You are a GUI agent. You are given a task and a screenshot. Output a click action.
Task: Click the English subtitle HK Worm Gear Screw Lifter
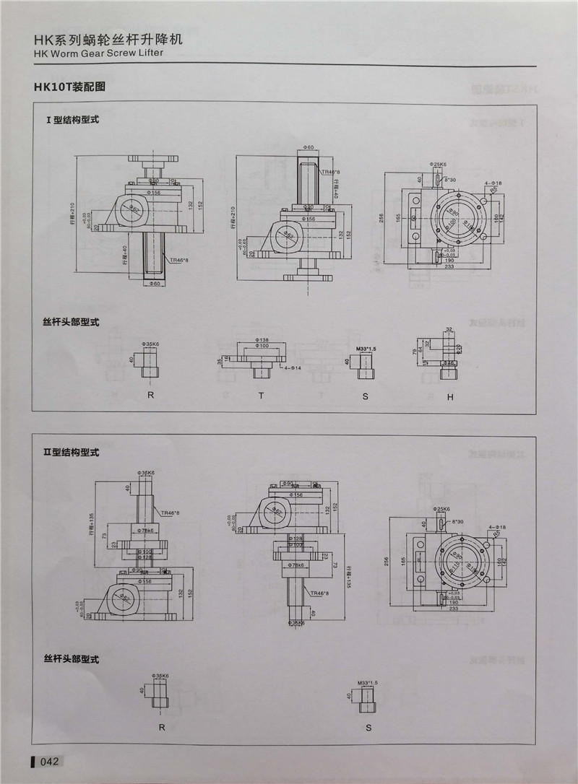pos(98,53)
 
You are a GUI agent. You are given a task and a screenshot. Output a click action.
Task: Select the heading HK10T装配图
pos(69,87)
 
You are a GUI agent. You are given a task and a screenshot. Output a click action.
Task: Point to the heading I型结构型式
pos(72,120)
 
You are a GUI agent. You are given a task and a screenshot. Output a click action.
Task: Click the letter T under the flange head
pos(262,396)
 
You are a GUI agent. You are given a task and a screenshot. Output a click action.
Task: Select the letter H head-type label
pos(449,396)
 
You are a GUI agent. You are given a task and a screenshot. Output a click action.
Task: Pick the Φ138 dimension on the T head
pos(262,339)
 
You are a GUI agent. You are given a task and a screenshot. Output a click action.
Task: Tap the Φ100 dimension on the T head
pos(262,347)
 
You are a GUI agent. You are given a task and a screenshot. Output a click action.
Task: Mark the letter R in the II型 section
pos(161,728)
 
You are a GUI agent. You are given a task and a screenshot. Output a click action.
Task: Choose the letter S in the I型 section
pos(366,396)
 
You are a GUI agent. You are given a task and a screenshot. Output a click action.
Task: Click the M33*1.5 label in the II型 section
pos(367,682)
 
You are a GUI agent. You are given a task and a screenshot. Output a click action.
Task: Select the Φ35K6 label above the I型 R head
pos(152,345)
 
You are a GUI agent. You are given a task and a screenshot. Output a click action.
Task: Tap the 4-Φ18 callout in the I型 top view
pos(494,183)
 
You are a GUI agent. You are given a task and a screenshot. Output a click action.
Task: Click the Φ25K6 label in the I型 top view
pos(439,165)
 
